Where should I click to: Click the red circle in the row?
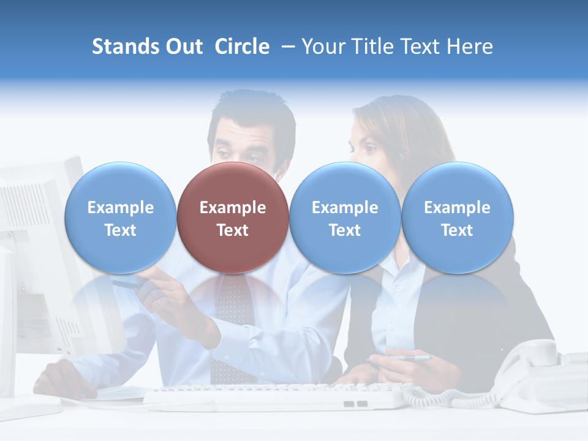tap(232, 217)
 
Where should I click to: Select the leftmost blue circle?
tap(120, 217)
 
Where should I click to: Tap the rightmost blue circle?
tap(457, 217)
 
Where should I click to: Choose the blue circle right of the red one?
tap(344, 217)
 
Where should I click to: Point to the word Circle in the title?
tap(242, 47)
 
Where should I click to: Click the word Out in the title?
tap(184, 47)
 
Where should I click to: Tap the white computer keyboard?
tap(276, 395)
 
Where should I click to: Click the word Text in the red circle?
tap(232, 230)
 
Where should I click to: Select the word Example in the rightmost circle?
tap(457, 208)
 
